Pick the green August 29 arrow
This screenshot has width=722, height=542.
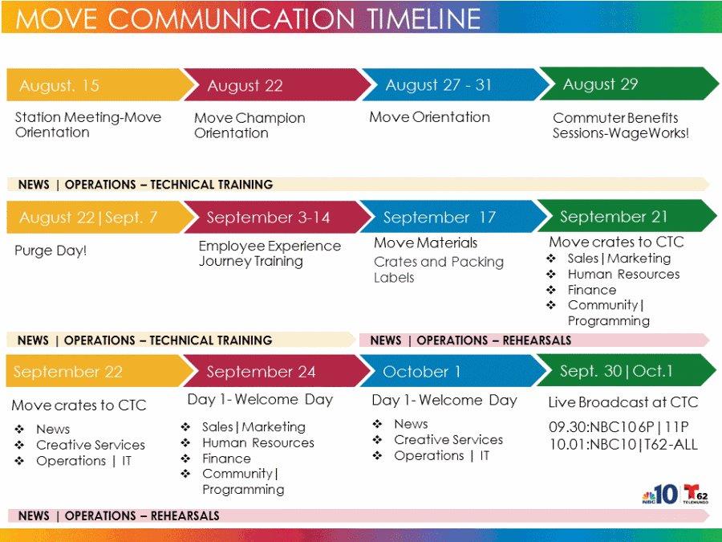(628, 84)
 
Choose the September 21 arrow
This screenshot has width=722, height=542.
(627, 216)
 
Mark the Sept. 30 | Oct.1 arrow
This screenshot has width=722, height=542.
(627, 370)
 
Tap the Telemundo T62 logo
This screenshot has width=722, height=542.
(696, 494)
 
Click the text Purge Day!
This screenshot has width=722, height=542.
(51, 251)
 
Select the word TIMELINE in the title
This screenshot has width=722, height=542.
(424, 18)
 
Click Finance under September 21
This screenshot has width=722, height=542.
(592, 290)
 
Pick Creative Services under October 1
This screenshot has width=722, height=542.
(448, 440)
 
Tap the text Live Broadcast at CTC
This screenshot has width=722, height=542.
(623, 402)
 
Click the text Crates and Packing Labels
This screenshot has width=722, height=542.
(439, 270)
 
